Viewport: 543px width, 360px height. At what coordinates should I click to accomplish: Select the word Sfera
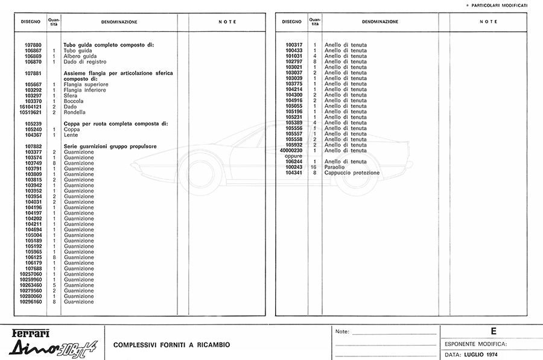[70, 95]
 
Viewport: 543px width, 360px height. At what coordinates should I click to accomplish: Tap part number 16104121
[30, 107]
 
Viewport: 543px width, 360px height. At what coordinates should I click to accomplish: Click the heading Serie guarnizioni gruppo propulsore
[110, 146]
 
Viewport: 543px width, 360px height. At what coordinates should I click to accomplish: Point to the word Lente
[71, 135]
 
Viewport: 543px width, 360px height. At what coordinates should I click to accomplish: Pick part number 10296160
[30, 302]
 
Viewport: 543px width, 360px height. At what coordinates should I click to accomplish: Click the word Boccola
[74, 101]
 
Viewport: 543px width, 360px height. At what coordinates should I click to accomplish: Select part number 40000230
[292, 150]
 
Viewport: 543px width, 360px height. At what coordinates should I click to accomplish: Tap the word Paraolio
[335, 167]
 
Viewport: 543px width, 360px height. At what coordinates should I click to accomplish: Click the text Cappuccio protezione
[352, 172]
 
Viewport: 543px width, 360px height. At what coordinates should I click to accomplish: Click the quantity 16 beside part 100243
[314, 167]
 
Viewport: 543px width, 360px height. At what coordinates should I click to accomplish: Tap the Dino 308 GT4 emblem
[51, 347]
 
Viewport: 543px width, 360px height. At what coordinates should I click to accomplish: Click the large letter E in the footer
[494, 331]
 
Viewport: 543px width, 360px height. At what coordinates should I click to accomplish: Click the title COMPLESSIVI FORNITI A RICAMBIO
[171, 345]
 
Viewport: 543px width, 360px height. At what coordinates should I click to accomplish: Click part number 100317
[294, 45]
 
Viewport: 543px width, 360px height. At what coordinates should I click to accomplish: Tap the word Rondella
[75, 112]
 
